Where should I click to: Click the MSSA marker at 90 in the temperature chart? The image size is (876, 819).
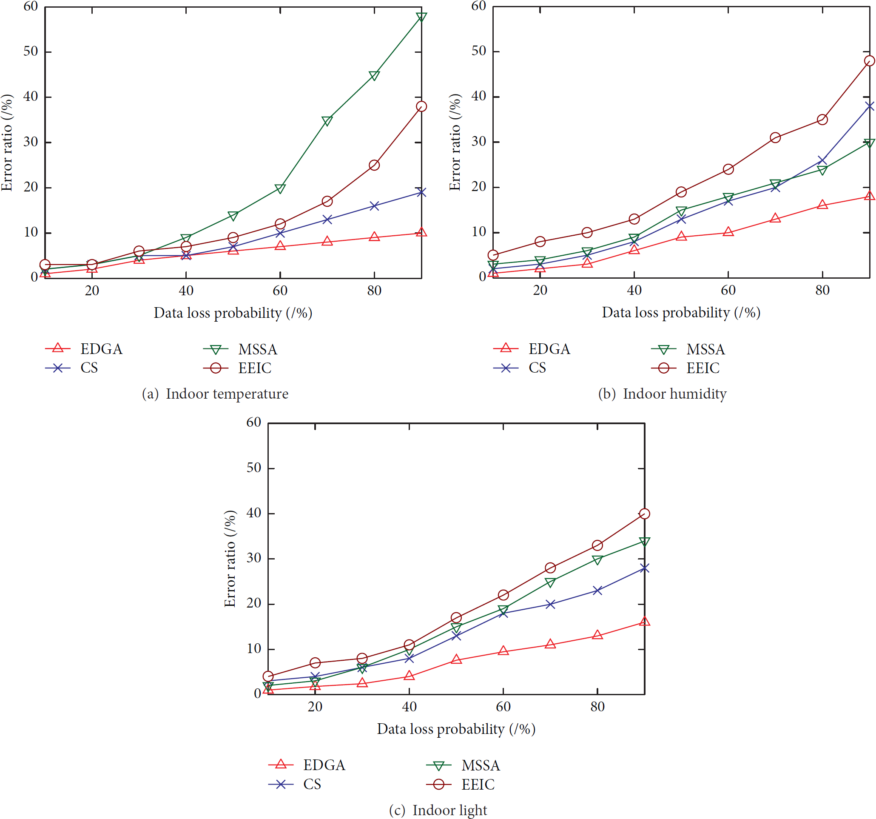coord(421,17)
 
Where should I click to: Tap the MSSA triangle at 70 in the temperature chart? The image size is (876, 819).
coord(327,121)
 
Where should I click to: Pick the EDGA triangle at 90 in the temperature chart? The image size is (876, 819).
coord(421,232)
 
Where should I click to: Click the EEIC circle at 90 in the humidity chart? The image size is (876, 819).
coord(869,61)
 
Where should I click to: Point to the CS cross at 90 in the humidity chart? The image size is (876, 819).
coord(869,106)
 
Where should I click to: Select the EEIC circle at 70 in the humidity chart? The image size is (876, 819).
coord(776,137)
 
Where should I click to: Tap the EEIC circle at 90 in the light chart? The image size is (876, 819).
coord(645,514)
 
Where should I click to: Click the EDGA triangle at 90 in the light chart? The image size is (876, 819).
coord(645,622)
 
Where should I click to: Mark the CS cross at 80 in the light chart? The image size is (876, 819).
coord(597,591)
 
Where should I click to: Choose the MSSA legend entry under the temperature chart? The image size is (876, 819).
coord(240,350)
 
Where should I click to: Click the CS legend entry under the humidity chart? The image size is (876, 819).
coord(520,368)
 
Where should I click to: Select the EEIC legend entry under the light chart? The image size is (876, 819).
coord(461,785)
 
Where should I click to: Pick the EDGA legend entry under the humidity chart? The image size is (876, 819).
coord(532,349)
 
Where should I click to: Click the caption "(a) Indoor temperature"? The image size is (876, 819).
coord(215,394)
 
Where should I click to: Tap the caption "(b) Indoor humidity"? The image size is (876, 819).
coord(662,394)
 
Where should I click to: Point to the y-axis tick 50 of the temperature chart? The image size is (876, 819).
coord(31,51)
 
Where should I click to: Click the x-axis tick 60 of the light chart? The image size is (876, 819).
coord(503,707)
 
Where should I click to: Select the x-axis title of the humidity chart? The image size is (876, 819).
coord(681,313)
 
